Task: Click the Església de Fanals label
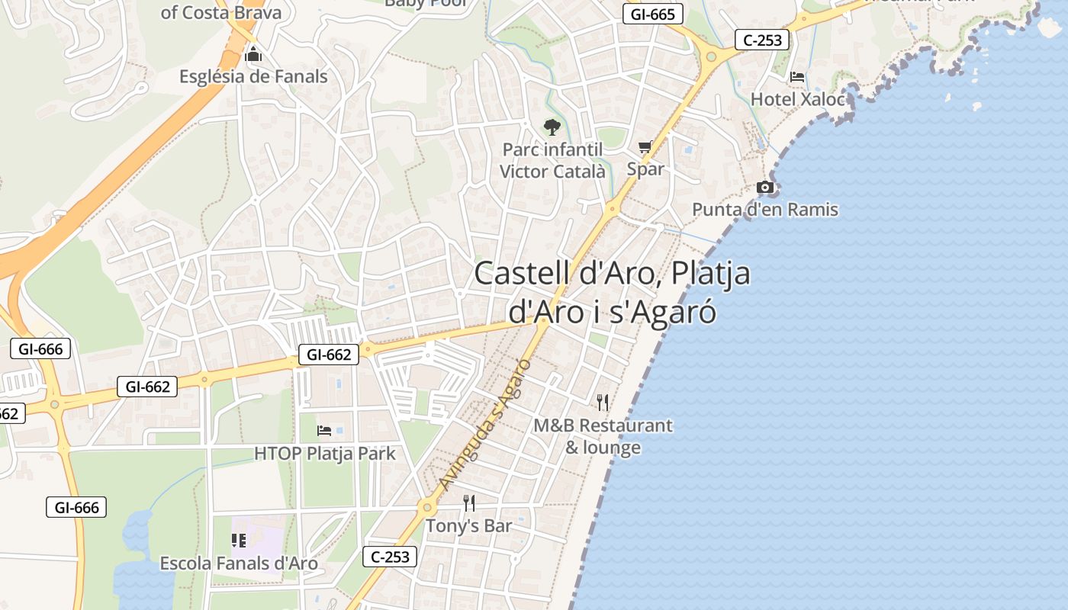253,76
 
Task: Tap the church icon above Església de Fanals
253,55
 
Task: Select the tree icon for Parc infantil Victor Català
552,127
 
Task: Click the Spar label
645,169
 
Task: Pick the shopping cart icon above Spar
645,146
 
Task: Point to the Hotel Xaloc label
798,99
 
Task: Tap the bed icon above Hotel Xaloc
797,77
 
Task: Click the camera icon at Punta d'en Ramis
764,187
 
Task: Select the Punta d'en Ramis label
765,209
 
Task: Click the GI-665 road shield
652,14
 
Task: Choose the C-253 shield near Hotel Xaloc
763,40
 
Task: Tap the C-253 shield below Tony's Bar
390,557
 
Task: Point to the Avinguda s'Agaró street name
485,424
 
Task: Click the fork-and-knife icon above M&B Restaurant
603,402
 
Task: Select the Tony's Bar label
468,525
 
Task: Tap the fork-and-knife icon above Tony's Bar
469,503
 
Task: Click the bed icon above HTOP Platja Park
324,431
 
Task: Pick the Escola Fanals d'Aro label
238,563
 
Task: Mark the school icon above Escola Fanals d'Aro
238,541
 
